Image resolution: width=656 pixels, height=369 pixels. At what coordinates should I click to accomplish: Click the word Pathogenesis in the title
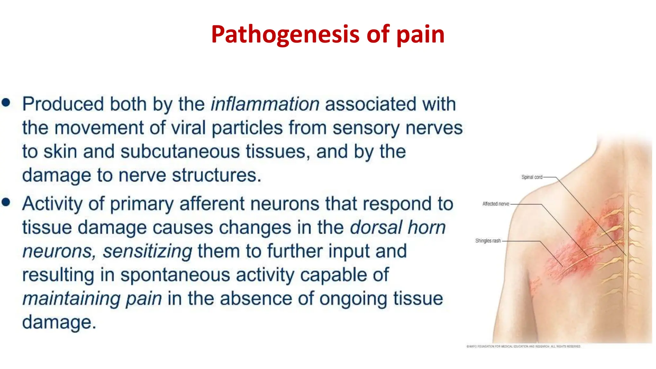pos(285,34)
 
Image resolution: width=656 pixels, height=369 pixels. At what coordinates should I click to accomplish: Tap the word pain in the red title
pos(420,34)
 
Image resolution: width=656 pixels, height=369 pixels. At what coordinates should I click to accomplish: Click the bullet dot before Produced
pos(6,103)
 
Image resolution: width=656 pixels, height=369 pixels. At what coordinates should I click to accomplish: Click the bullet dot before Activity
pos(6,202)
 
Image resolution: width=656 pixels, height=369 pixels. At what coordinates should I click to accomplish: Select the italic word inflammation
pos(265,104)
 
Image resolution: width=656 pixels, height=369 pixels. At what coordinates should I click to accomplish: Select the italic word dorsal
pos(376,227)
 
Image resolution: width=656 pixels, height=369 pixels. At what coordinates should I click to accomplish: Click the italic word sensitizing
pos(147,251)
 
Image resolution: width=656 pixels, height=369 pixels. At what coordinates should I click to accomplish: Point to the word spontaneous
pos(175,275)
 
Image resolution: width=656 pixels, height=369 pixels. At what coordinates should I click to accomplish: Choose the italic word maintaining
pos(71,299)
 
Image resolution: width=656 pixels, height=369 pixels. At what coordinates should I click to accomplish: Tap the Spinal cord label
pos(532,177)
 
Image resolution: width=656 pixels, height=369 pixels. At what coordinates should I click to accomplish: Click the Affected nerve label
pos(496,204)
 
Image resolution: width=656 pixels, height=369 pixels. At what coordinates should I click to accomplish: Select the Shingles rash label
pos(488,241)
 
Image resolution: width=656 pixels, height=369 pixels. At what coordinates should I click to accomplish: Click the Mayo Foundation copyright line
pos(523,346)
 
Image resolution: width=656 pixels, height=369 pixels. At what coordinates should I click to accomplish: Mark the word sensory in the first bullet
pos(366,128)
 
